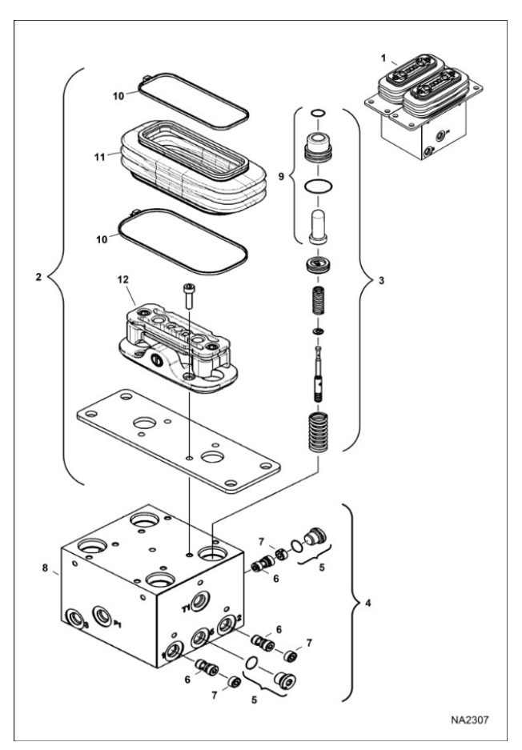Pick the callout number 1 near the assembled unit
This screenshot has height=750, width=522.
point(383,58)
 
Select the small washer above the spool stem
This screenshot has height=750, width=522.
point(319,331)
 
